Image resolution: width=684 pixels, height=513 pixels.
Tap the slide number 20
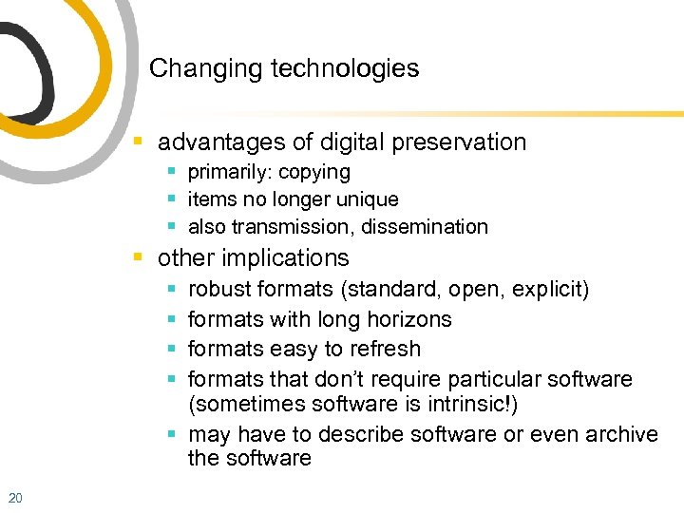pyautogui.click(x=14, y=497)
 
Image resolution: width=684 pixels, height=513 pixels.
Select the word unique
pyautogui.click(x=369, y=199)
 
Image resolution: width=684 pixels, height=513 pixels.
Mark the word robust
pyautogui.click(x=218, y=289)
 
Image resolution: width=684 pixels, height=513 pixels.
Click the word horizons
pyautogui.click(x=408, y=319)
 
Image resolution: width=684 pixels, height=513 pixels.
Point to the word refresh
pyautogui.click(x=386, y=349)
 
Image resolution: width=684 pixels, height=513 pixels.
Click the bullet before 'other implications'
pyautogui.click(x=139, y=258)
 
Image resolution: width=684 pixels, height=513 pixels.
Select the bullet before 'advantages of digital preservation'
pyautogui.click(x=139, y=142)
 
